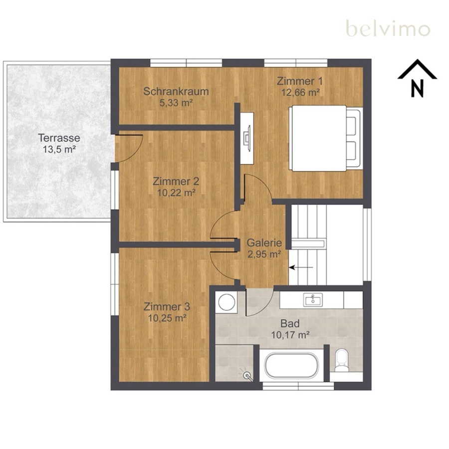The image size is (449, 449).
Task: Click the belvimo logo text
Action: pos(388,28)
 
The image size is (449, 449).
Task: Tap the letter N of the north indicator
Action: pos(417,88)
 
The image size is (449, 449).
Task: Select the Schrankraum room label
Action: pos(176,91)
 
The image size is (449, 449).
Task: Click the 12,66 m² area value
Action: pos(300,92)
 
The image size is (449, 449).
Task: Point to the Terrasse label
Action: pos(59,138)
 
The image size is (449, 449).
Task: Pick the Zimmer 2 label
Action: pos(176,181)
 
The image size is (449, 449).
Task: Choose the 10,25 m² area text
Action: pos(168,318)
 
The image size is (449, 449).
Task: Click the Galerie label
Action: pos(264,243)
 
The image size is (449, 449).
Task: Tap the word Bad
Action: pos(290,324)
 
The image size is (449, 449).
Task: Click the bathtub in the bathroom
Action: pos(291,365)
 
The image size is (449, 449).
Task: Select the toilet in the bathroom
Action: pos(342,360)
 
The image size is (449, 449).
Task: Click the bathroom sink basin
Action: pos(313,300)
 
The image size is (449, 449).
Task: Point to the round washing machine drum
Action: pos(227,302)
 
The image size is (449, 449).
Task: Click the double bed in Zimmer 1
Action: pos(326,139)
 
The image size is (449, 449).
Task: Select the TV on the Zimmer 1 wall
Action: pos(247,139)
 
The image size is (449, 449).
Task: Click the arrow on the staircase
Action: pos(301,268)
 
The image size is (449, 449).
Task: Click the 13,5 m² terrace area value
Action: pos(59,149)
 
